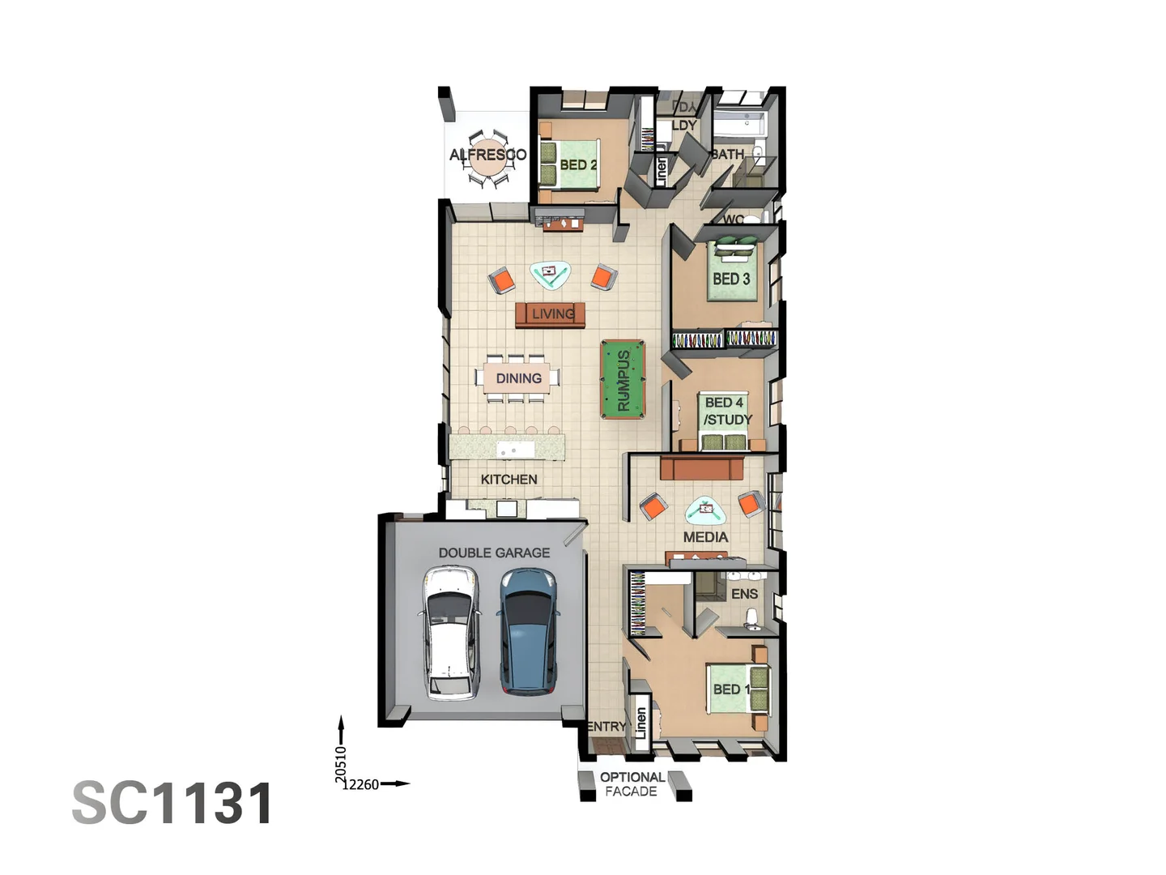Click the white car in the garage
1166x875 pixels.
click(x=449, y=633)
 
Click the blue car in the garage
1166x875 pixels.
click(x=527, y=631)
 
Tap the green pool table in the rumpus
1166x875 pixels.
click(x=623, y=379)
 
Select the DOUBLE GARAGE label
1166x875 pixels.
click(x=494, y=553)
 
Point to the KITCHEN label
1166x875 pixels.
click(x=509, y=479)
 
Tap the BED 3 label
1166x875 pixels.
click(x=731, y=279)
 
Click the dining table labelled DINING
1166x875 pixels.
click(x=517, y=378)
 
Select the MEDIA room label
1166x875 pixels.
click(x=705, y=537)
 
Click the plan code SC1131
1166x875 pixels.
click(x=173, y=803)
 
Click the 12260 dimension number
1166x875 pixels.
click(x=360, y=784)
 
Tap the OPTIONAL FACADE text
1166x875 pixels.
click(x=632, y=783)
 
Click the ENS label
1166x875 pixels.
click(x=744, y=594)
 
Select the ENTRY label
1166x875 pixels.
click(x=606, y=727)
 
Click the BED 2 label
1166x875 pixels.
click(x=578, y=164)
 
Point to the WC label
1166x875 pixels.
click(x=734, y=220)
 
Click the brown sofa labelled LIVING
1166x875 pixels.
click(x=551, y=314)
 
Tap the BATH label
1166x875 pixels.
click(x=728, y=154)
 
